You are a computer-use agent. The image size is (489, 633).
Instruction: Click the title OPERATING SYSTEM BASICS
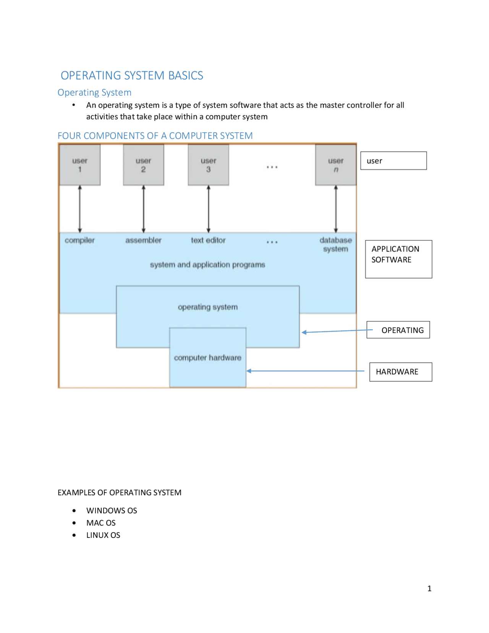click(x=132, y=75)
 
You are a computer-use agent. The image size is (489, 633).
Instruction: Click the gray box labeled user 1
click(x=80, y=165)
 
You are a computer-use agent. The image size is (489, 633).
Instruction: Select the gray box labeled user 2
click(x=143, y=165)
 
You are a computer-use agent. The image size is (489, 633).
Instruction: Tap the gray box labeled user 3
click(x=208, y=165)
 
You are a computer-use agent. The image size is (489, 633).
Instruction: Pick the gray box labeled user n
click(x=335, y=165)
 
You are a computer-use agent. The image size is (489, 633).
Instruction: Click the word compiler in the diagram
click(x=79, y=240)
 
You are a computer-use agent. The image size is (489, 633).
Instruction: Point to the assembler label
click(x=143, y=240)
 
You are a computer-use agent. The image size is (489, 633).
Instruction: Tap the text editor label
click(x=208, y=240)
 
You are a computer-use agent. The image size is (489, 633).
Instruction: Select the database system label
click(x=335, y=244)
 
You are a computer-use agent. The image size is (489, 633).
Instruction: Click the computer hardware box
click(x=207, y=358)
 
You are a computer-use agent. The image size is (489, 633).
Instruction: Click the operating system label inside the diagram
click(x=207, y=307)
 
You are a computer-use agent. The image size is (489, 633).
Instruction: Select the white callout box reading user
click(x=393, y=161)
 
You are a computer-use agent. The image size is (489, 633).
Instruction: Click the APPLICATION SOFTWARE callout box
click(x=398, y=259)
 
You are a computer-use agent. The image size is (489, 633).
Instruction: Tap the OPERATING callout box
click(x=398, y=330)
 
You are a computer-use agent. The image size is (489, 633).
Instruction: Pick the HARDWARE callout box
click(x=400, y=372)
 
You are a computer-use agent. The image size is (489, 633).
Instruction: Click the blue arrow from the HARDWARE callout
click(x=306, y=371)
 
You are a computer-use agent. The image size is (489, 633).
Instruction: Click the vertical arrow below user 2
click(x=144, y=209)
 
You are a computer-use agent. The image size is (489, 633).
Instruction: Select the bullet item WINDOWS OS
click(x=112, y=510)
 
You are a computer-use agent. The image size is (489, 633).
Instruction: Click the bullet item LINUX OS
click(x=103, y=535)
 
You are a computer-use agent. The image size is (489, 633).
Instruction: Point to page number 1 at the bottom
click(x=429, y=588)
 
